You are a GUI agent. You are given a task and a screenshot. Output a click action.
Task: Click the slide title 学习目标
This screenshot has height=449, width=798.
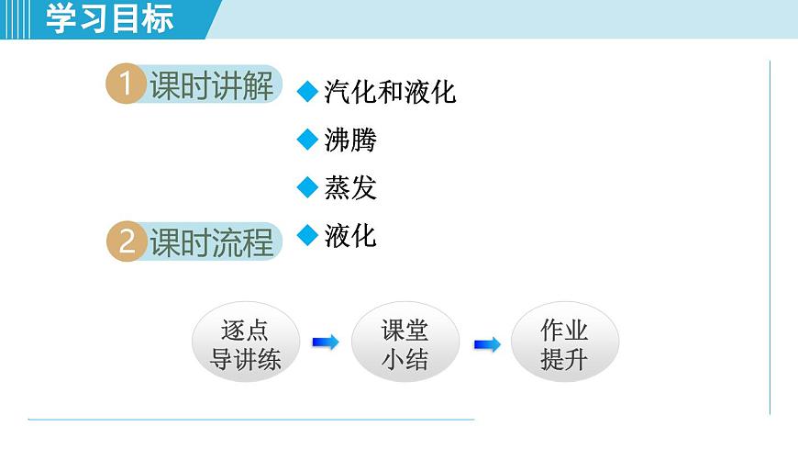point(109,18)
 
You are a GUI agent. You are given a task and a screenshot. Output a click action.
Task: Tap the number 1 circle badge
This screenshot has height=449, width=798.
point(127,86)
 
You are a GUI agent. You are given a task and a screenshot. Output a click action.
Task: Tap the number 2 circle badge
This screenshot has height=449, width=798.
point(127,242)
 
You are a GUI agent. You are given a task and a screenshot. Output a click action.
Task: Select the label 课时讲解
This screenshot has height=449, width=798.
point(212,86)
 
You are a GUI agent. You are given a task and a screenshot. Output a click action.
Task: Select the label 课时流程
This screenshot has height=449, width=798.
point(212,242)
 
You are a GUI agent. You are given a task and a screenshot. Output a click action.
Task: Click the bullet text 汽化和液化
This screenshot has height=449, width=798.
point(390,92)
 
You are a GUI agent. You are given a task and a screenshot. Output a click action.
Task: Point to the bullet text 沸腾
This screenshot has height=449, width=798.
point(350,140)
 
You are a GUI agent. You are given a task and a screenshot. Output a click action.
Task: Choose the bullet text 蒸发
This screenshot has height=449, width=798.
point(350,188)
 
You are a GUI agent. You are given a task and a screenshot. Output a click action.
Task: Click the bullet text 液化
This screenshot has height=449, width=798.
point(350,236)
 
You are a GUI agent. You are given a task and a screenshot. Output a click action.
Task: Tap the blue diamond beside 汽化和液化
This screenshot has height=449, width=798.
point(307,92)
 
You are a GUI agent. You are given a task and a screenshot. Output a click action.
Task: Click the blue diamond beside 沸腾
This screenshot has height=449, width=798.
point(307,140)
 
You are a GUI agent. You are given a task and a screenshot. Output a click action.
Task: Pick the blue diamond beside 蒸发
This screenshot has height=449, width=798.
point(307,188)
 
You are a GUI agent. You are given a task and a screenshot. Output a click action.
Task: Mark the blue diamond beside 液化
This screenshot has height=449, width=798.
point(307,236)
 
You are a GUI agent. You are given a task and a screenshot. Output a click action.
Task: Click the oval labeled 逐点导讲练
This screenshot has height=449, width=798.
point(245,343)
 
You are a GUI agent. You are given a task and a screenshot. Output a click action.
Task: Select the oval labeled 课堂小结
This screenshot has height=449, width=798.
point(405,343)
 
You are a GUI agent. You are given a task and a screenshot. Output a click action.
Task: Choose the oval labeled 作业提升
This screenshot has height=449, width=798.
point(564,343)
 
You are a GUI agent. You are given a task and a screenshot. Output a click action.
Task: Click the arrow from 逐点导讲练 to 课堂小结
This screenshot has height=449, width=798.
point(326,342)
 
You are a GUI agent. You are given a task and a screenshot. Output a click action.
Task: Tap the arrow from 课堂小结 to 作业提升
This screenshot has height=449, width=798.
point(487,344)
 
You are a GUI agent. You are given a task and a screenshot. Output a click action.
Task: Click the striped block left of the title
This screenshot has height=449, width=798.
point(19,18)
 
